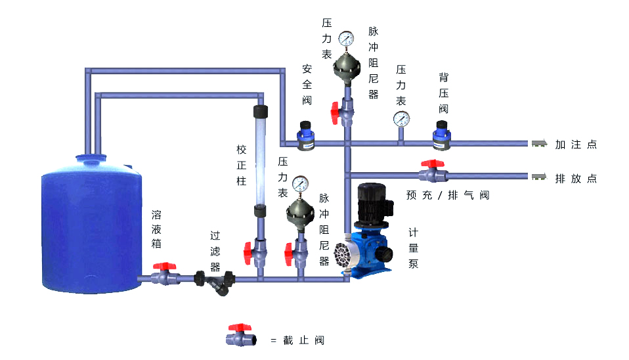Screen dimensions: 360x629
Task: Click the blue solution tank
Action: (91, 223)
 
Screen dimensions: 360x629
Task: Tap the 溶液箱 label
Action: (157, 229)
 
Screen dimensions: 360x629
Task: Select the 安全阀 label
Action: (307, 84)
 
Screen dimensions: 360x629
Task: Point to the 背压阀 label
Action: (444, 93)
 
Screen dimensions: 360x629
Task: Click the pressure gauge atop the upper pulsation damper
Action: (346, 39)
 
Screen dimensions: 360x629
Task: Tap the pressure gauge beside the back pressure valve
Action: (401, 118)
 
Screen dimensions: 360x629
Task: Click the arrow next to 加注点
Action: (540, 144)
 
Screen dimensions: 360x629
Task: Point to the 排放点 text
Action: (575, 179)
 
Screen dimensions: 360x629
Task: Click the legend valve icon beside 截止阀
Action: (240, 336)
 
